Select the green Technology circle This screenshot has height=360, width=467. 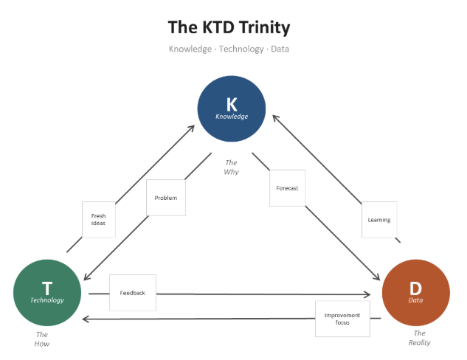point(47,293)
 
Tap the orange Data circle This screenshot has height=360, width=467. point(416,293)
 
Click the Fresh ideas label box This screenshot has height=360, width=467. point(98,219)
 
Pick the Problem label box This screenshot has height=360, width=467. point(166,198)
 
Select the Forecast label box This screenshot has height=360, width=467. point(287,188)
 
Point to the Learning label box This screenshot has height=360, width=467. point(379,220)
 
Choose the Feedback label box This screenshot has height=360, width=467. point(132,293)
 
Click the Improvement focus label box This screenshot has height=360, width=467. point(342,319)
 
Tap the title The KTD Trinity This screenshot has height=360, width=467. point(229,28)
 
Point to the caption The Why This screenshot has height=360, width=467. point(232,167)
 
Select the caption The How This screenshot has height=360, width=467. point(42,339)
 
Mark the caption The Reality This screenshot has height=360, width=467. point(419,338)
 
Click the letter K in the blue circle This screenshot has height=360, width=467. point(232,104)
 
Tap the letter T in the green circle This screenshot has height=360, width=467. point(47,288)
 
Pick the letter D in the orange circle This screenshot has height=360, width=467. point(416,288)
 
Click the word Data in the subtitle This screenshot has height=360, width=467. point(280,49)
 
